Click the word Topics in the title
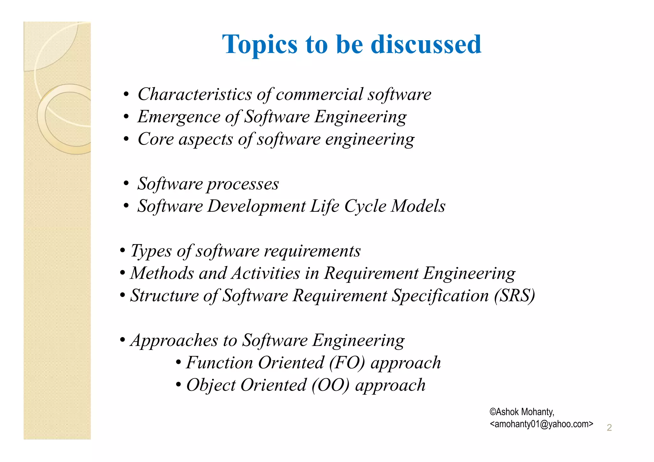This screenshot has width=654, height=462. (x=260, y=44)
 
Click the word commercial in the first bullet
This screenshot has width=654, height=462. (x=319, y=95)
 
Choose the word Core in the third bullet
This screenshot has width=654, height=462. (x=156, y=139)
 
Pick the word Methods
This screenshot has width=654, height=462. (x=162, y=274)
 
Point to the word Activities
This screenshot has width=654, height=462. (x=266, y=274)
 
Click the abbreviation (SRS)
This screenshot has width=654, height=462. (x=514, y=296)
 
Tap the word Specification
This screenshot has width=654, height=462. (x=440, y=296)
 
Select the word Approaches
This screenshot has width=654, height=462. (x=174, y=341)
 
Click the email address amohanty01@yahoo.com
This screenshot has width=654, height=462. (x=541, y=424)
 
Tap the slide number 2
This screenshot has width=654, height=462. (x=609, y=428)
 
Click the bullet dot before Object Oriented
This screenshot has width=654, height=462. (x=179, y=385)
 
